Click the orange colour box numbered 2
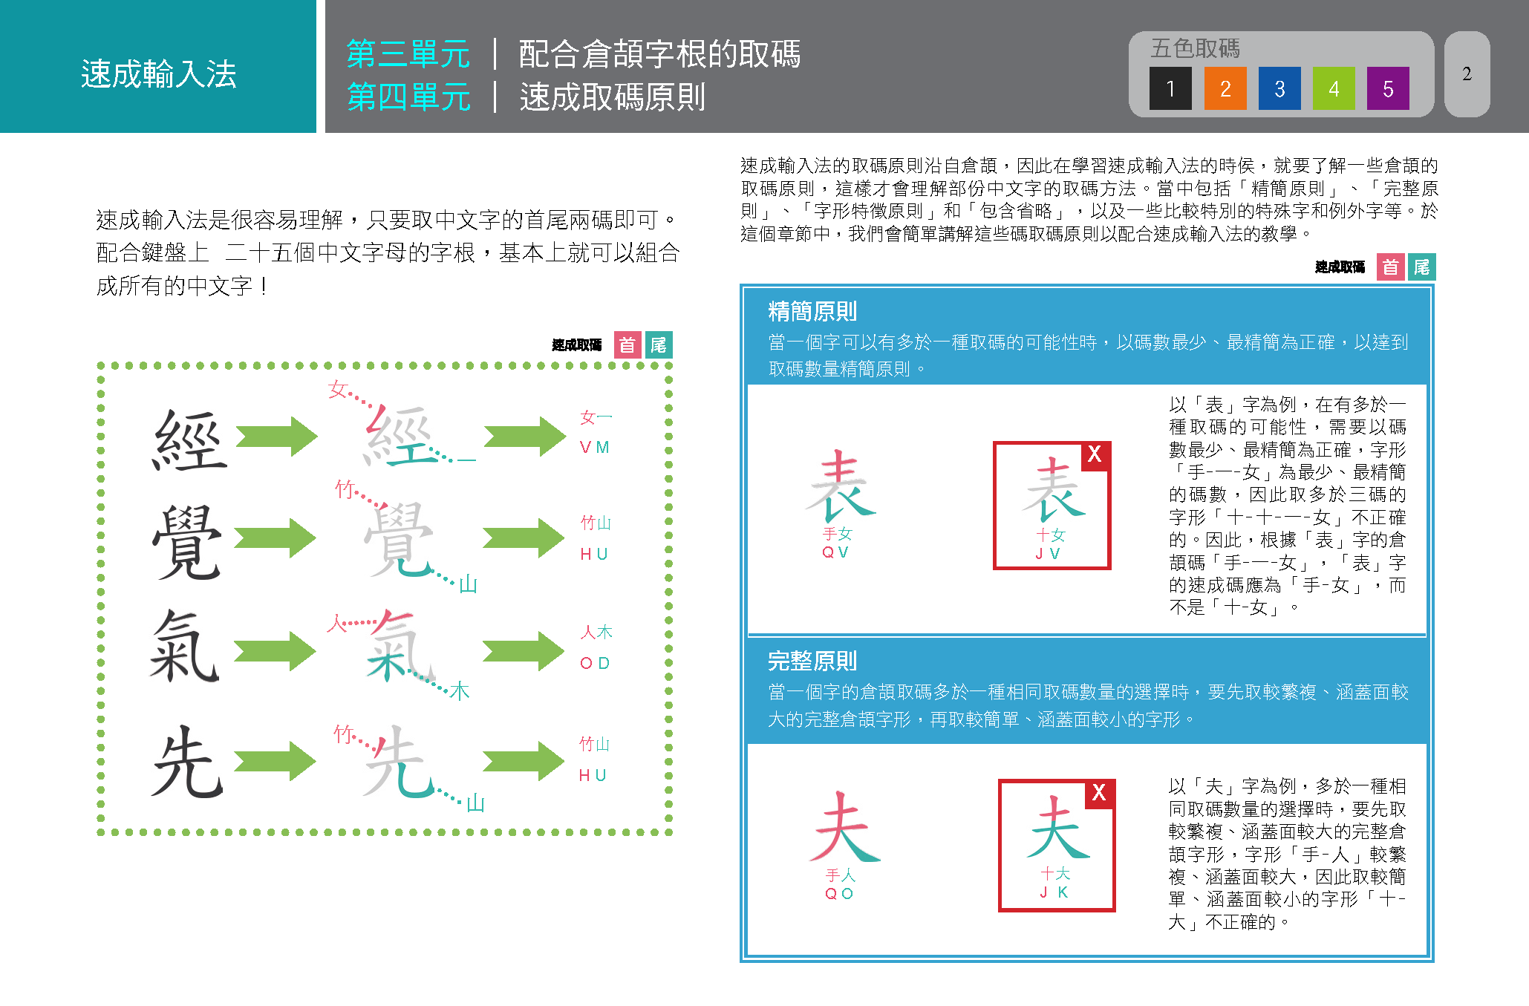tap(1225, 88)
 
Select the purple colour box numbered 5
tap(1387, 88)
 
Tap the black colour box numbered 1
tap(1170, 88)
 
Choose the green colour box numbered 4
tap(1333, 88)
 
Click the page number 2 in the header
tap(1467, 74)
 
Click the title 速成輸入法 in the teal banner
tap(158, 74)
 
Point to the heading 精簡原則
tap(812, 311)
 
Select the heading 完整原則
tap(812, 660)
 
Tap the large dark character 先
tap(187, 762)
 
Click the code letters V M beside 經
tap(594, 448)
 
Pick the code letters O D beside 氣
tap(594, 663)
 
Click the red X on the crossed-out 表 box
tap(1095, 454)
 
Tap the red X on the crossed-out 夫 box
tap(1099, 792)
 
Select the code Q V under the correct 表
tap(835, 552)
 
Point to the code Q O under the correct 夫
tap(839, 894)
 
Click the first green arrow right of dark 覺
tap(276, 538)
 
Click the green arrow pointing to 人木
tap(524, 651)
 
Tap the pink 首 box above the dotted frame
tap(627, 345)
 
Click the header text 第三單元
tap(408, 54)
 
